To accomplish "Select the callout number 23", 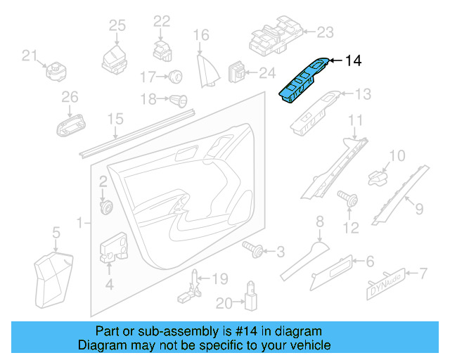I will pos(325,32).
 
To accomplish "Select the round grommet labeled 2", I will pos(108,207).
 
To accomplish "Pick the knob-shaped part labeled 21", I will pos(56,71).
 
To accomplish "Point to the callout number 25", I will pos(117,26).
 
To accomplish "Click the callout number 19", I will pos(220,279).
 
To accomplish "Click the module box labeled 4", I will pos(111,248).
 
